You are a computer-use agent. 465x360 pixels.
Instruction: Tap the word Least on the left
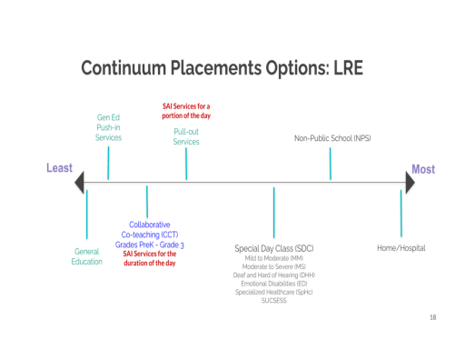59,169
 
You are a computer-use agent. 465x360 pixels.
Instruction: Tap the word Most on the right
422,169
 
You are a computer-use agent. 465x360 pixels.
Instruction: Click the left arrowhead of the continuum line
80,183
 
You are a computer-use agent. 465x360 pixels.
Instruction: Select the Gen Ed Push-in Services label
108,127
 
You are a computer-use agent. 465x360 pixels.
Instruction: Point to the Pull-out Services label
186,136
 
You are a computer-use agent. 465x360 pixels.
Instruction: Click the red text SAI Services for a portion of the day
186,112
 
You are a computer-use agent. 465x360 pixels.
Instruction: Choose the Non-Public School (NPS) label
331,138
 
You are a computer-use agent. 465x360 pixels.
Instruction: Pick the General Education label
87,256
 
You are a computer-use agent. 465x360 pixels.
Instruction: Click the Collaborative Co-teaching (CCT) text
150,229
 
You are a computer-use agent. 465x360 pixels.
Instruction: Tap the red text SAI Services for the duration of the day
150,259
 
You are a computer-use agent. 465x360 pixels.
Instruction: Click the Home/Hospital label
401,248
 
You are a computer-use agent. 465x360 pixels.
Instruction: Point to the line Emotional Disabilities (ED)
273,284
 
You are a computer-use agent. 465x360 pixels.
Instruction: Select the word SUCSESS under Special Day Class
273,300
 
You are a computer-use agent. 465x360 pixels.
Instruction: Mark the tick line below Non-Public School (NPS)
330,164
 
